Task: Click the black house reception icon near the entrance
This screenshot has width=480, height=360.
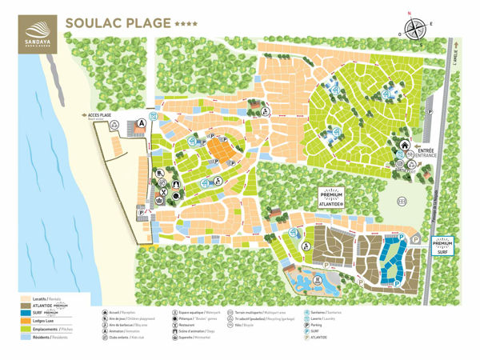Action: [405, 146]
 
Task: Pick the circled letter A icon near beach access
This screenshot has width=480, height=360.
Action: [142, 123]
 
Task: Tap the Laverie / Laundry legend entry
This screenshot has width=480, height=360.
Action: [320, 318]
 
